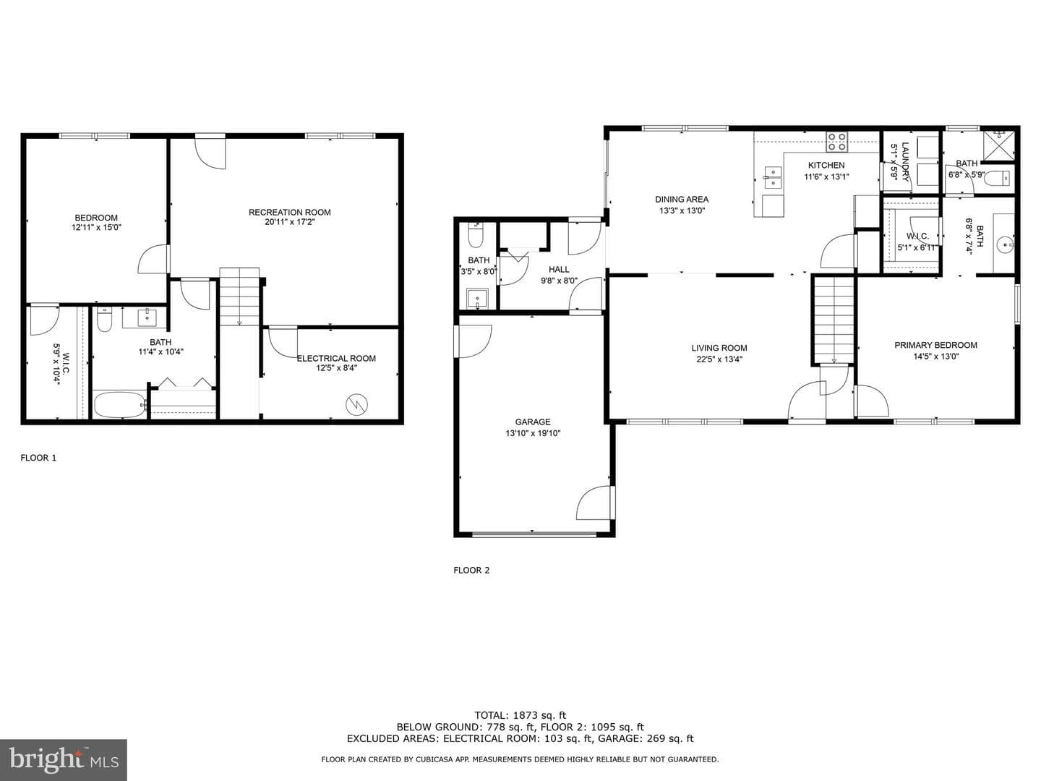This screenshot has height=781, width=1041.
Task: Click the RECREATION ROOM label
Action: point(289,212)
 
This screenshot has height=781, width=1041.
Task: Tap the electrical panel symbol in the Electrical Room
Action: point(356,404)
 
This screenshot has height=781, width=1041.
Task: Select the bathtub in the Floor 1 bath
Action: point(119,404)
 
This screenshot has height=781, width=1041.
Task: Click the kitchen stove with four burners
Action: point(837,142)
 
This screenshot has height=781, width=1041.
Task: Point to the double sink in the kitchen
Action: point(773,178)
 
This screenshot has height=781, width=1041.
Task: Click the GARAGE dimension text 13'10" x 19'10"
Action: point(533,433)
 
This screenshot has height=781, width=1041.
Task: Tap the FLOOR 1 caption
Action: point(38,458)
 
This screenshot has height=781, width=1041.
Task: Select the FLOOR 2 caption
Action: point(471,570)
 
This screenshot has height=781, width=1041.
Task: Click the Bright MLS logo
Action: point(63,759)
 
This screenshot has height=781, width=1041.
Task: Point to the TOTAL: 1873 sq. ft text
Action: point(520,715)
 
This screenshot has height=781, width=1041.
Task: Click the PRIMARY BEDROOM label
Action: point(935,345)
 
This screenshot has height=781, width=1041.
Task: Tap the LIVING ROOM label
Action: point(719,348)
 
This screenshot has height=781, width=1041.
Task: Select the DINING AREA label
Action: point(682,199)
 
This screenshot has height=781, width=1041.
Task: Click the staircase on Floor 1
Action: point(239,297)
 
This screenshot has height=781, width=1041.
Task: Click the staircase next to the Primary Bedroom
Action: point(834,320)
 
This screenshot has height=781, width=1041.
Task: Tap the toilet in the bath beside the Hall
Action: point(476,235)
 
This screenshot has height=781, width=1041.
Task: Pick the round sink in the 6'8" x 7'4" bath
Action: point(1004,245)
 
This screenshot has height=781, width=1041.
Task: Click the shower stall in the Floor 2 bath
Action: point(999,145)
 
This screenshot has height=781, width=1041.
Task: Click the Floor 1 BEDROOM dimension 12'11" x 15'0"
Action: point(96,227)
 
